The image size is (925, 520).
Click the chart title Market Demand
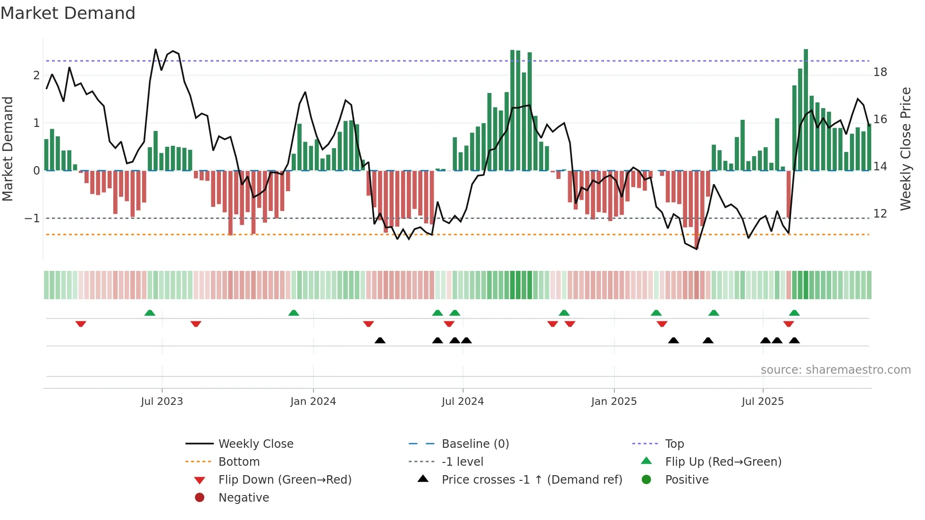68,13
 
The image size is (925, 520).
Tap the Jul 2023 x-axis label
162,402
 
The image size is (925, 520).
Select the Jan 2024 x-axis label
313,402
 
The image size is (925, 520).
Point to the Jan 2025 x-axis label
614,402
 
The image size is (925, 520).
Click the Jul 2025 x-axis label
763,402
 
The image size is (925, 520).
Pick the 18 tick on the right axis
880,72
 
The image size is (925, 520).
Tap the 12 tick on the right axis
880,214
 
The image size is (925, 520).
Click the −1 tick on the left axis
32,218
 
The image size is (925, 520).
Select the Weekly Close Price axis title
905,149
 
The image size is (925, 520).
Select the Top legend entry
674,444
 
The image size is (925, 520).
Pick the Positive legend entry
687,480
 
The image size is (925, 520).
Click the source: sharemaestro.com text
835,370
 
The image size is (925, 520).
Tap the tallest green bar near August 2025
806,109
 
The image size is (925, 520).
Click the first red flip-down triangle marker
81,324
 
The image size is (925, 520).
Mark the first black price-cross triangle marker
380,340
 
